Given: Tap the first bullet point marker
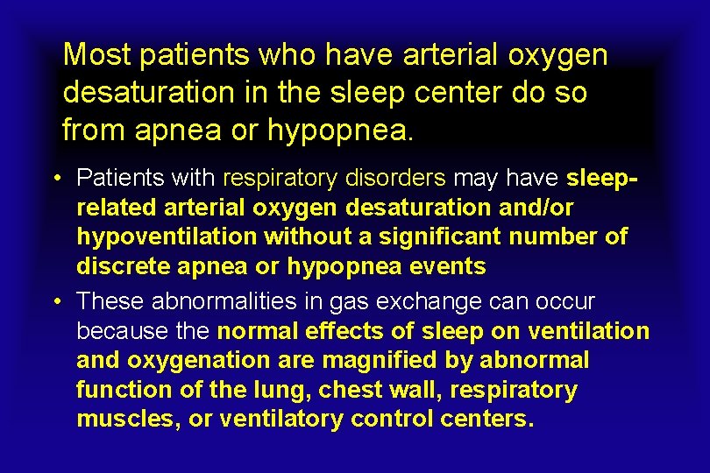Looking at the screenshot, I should coord(56,179).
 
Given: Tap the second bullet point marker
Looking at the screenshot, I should coord(56,302).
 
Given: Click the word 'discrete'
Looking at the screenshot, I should coord(126,265).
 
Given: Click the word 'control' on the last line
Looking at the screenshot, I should coord(390,420).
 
